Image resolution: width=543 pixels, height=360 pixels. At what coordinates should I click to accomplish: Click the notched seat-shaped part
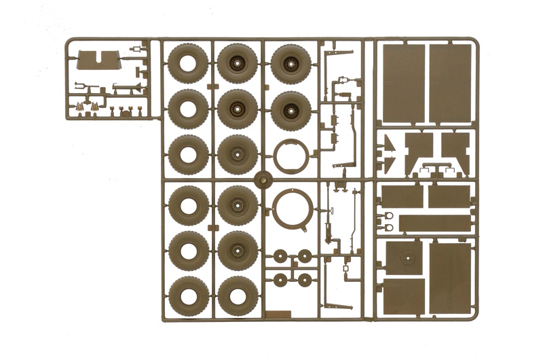click(x=96, y=60)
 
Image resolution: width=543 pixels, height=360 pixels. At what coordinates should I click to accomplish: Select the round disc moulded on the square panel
click(x=407, y=258)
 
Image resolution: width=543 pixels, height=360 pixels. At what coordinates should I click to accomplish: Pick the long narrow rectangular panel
click(x=434, y=223)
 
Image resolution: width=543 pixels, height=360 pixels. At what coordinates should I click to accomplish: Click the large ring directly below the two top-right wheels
click(x=292, y=157)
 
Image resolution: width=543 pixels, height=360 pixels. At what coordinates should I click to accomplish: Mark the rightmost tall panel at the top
click(x=449, y=83)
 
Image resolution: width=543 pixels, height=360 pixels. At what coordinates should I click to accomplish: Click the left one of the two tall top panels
click(x=403, y=83)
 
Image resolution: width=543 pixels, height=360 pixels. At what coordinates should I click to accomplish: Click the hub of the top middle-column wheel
click(x=238, y=64)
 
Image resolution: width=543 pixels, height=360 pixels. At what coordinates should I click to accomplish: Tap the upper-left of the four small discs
click(x=280, y=255)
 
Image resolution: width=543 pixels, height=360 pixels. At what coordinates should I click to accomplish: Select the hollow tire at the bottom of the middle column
click(x=238, y=295)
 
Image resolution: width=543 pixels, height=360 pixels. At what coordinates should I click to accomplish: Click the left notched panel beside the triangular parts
click(x=418, y=147)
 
